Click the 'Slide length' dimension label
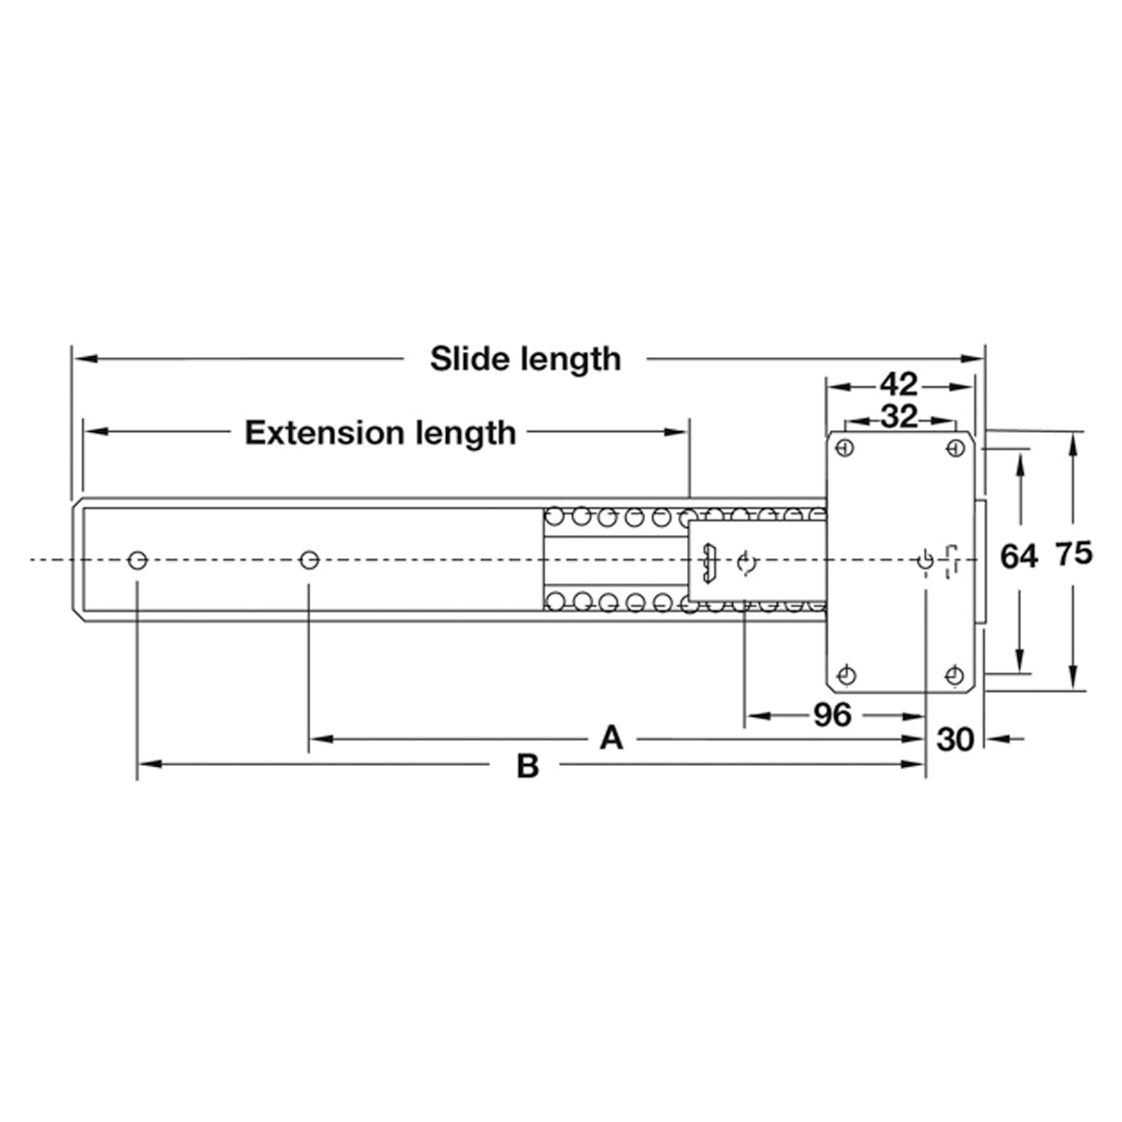[x=525, y=359]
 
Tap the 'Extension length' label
[x=381, y=433]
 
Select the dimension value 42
[x=899, y=385]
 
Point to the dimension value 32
[x=899, y=417]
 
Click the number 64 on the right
[x=1019, y=556]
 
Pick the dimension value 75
[x=1074, y=554]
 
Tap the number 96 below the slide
[x=832, y=715]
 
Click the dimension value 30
[x=955, y=740]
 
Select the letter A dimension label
[x=611, y=739]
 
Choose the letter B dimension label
[x=527, y=767]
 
